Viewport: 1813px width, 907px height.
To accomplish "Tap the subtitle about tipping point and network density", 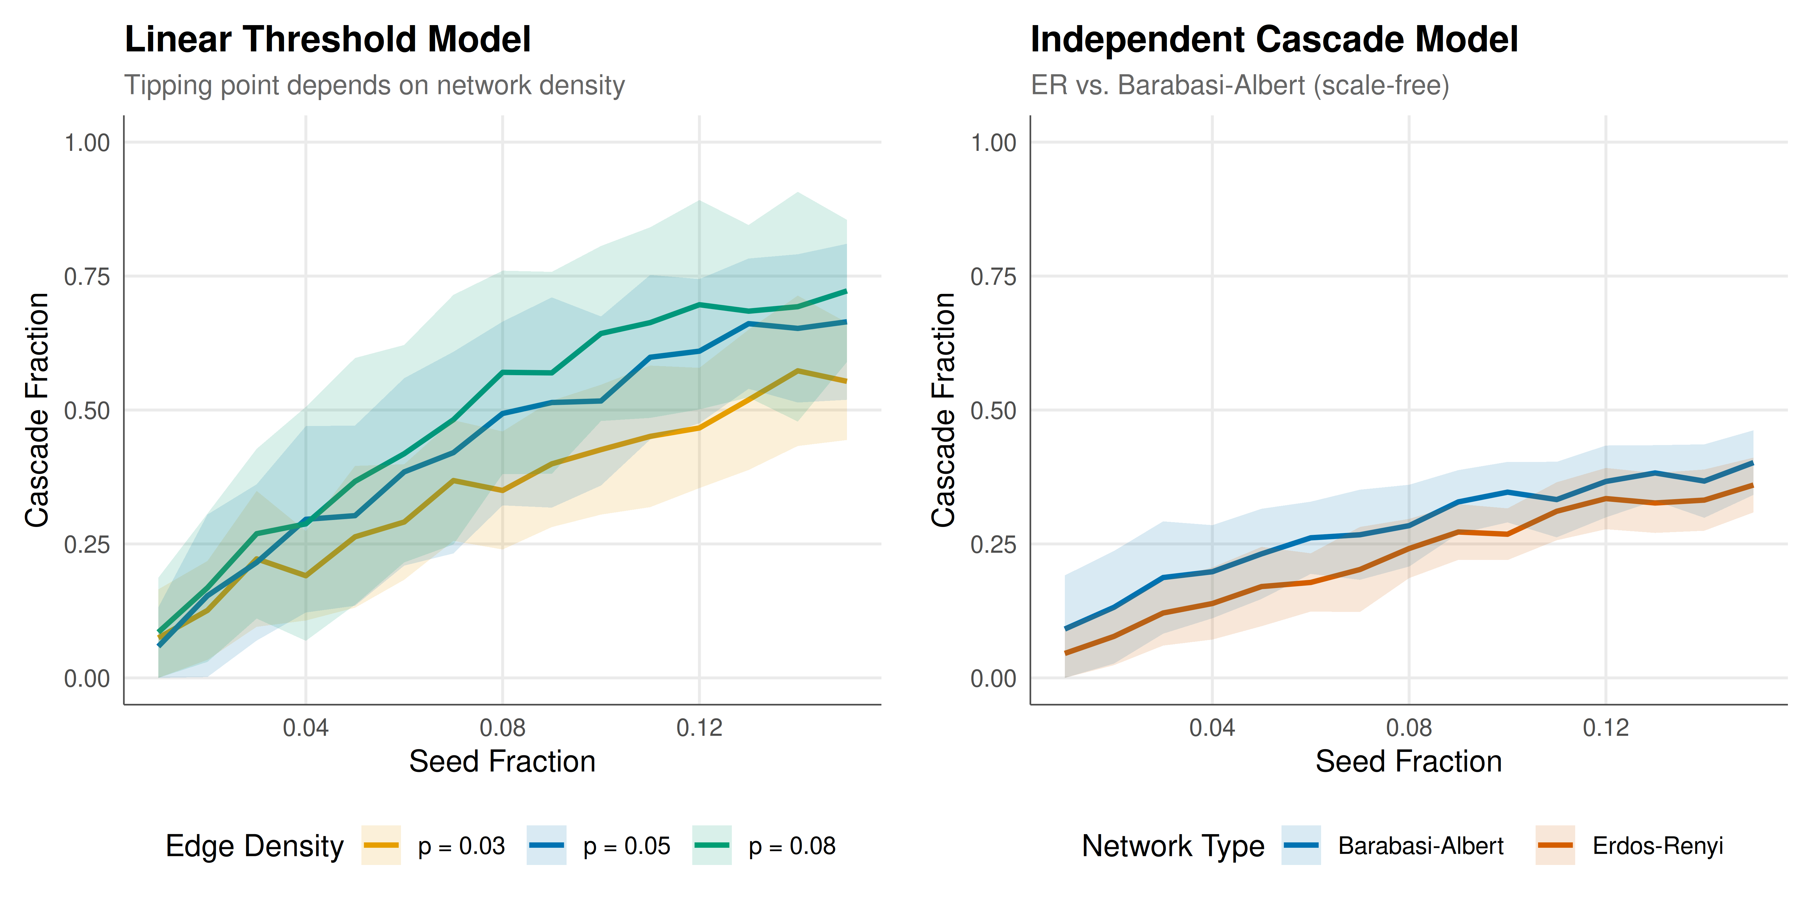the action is pyautogui.click(x=374, y=85).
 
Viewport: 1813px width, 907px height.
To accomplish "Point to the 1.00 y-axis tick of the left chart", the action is pyautogui.click(x=87, y=143).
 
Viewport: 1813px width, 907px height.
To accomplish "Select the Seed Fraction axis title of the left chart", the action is pyautogui.click(x=503, y=761).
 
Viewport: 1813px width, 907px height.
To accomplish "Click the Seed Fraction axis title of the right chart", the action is pyautogui.click(x=1409, y=761).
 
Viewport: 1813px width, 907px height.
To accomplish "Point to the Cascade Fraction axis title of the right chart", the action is pyautogui.click(x=943, y=410).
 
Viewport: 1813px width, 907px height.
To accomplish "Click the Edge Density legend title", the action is pyautogui.click(x=255, y=846).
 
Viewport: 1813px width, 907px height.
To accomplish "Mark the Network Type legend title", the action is pyautogui.click(x=1173, y=846).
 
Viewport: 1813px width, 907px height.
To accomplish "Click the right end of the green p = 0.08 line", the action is pyautogui.click(x=846, y=291).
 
